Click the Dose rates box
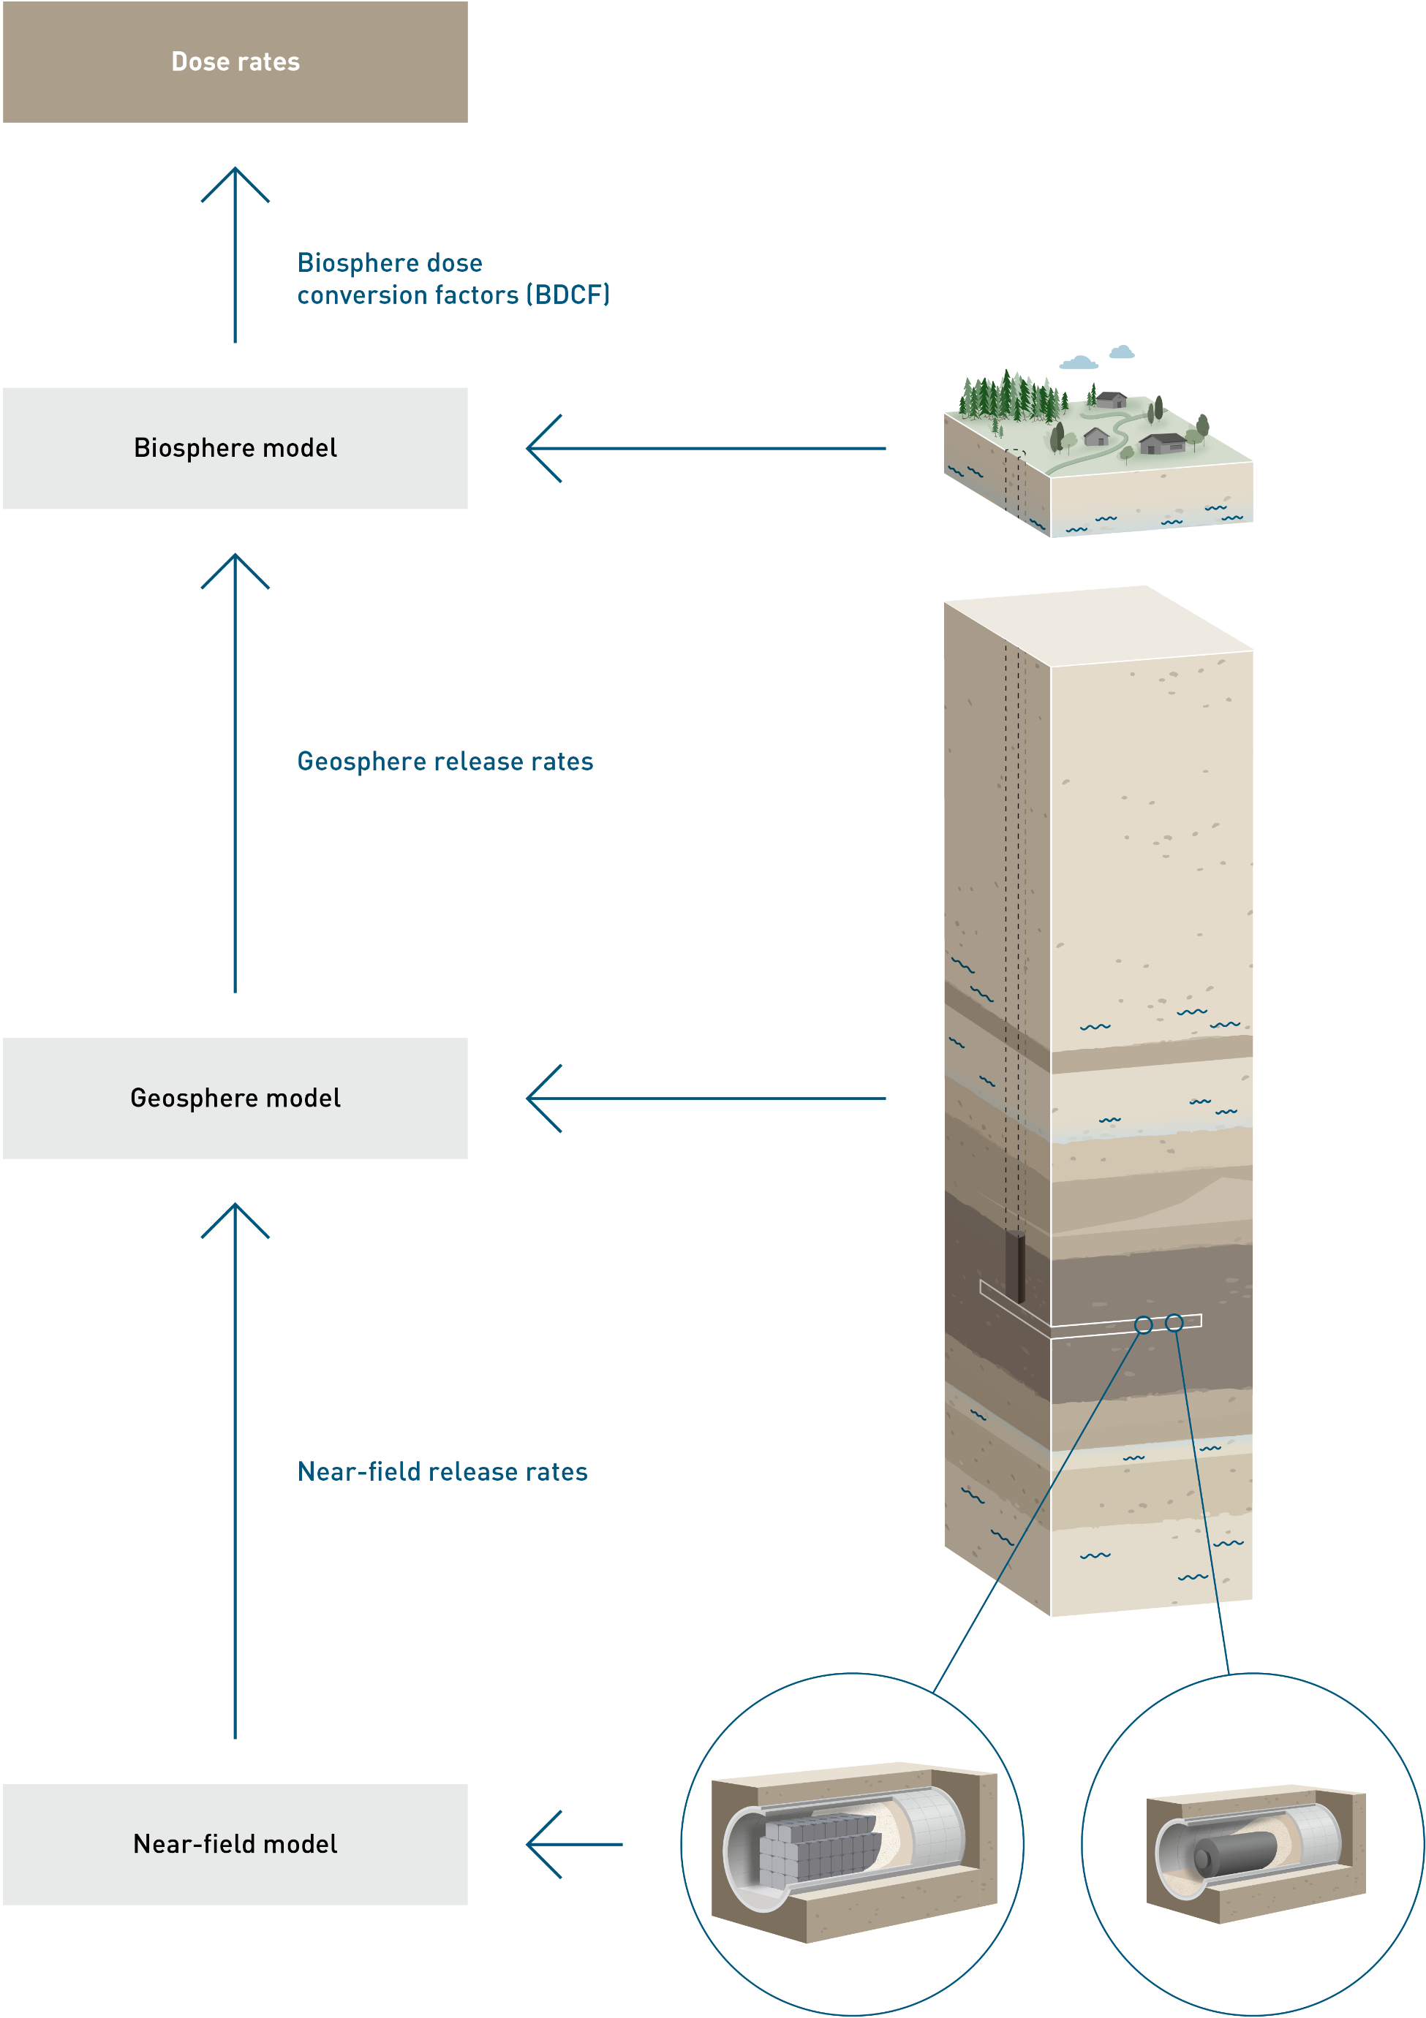pyautogui.click(x=235, y=61)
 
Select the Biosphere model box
pyautogui.click(x=235, y=448)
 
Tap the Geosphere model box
pyautogui.click(x=235, y=1098)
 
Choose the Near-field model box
pyautogui.click(x=235, y=1844)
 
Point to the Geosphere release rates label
pyautogui.click(x=445, y=761)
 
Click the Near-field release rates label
pyautogui.click(x=442, y=1471)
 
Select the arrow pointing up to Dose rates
pyautogui.click(x=235, y=255)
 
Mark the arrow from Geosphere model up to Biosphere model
pyautogui.click(x=235, y=773)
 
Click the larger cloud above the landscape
pyautogui.click(x=1079, y=362)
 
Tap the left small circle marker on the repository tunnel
pyautogui.click(x=1143, y=1324)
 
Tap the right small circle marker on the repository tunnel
pyautogui.click(x=1174, y=1322)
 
